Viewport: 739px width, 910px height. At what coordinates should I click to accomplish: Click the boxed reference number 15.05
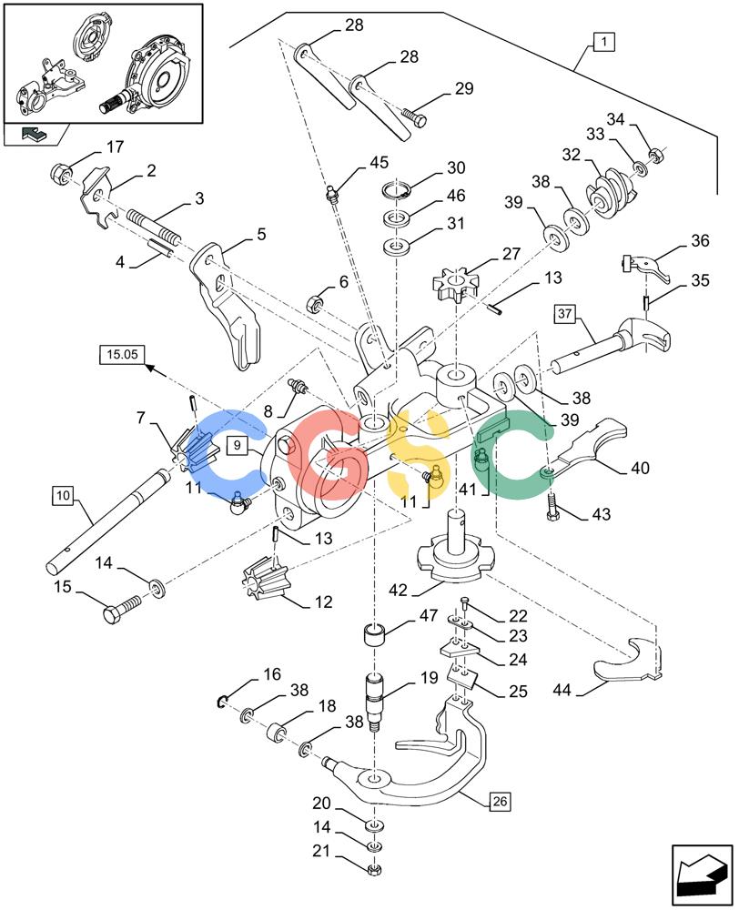click(x=122, y=354)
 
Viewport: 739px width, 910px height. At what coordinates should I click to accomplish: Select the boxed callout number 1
click(x=604, y=42)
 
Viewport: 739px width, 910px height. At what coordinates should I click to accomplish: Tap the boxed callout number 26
click(x=500, y=802)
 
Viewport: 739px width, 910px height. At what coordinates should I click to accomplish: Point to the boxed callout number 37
click(x=564, y=314)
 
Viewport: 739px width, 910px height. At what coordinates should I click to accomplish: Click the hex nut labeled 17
click(x=61, y=172)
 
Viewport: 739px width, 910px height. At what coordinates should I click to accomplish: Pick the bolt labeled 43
click(x=553, y=509)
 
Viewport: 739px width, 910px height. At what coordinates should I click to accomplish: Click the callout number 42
click(x=398, y=591)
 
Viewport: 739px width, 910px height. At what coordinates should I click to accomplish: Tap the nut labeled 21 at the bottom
click(x=374, y=869)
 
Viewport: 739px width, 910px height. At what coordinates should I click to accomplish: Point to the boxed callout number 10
click(x=63, y=495)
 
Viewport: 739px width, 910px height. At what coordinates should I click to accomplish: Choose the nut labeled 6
click(x=314, y=303)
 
